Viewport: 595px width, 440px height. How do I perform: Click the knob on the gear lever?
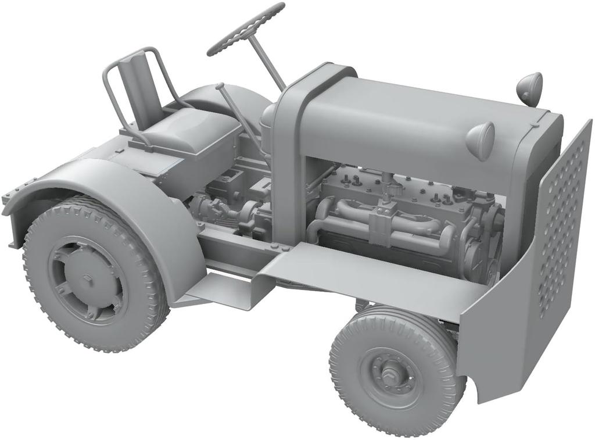(220, 87)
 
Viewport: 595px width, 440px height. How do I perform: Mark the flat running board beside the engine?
(360, 267)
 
